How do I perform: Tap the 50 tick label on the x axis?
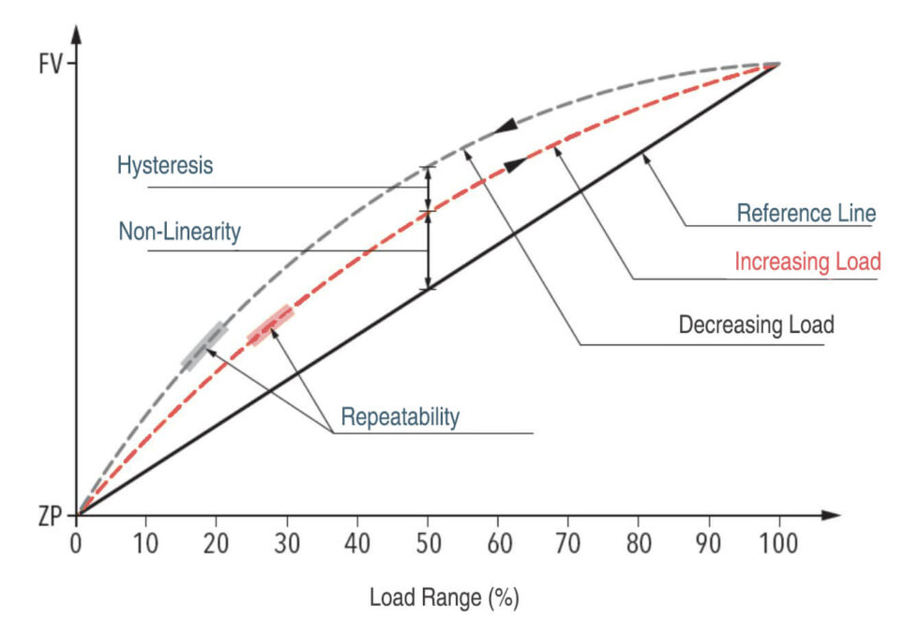click(428, 542)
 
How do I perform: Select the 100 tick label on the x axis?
click(777, 542)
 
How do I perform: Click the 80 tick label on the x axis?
click(639, 542)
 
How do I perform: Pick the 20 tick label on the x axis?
click(217, 542)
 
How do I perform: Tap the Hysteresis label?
click(165, 166)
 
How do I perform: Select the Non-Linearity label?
click(179, 231)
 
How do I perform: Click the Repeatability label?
click(399, 416)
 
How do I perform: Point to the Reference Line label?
click(806, 213)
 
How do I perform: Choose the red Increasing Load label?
click(807, 261)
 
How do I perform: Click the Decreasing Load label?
click(756, 326)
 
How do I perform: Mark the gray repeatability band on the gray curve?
click(204, 346)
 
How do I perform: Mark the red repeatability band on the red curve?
click(270, 325)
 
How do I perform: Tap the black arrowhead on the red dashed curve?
click(515, 165)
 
